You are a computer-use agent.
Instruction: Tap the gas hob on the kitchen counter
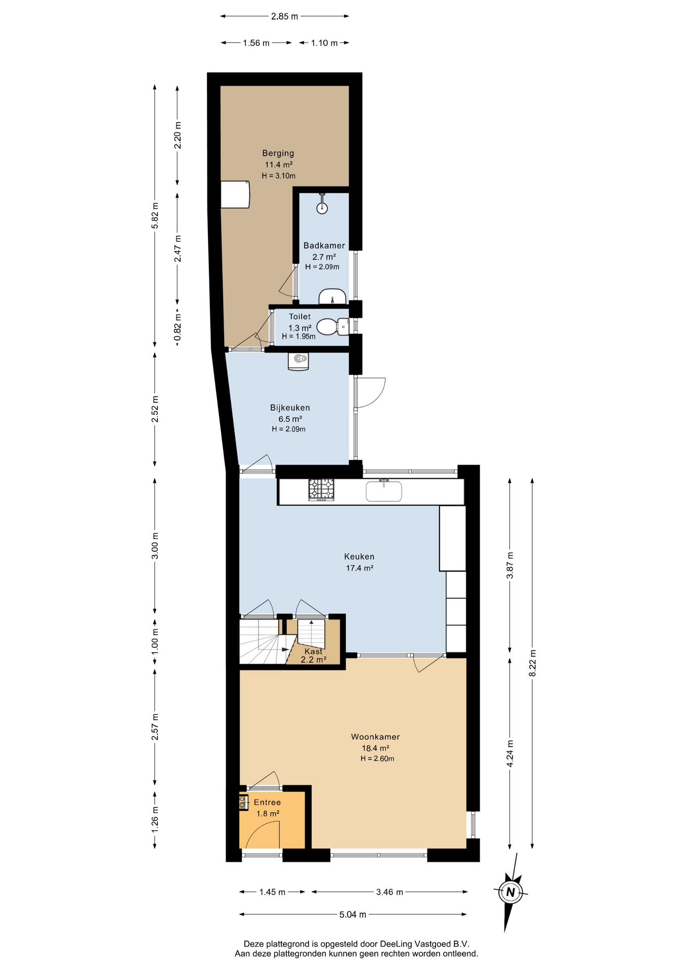tap(321, 490)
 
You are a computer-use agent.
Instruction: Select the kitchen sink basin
tap(384, 491)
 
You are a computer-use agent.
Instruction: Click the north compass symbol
tap(510, 892)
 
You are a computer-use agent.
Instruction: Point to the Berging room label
tap(278, 153)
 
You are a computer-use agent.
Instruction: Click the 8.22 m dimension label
tap(532, 663)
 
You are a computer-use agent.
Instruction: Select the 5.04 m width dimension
tap(353, 914)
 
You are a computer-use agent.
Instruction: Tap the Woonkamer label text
tap(375, 737)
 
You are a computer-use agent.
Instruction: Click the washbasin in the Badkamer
tap(332, 296)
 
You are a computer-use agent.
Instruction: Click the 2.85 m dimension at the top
tap(284, 16)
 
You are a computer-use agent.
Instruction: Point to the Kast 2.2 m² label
tap(313, 655)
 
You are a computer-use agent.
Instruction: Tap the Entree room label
tap(267, 802)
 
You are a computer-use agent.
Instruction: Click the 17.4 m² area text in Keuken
tap(359, 568)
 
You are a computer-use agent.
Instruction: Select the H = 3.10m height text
tap(278, 176)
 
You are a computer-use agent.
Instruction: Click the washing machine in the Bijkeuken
tap(298, 361)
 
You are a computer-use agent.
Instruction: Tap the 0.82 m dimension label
tap(178, 327)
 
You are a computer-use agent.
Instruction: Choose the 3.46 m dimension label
tap(390, 892)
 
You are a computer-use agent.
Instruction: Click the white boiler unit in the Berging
tap(235, 194)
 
